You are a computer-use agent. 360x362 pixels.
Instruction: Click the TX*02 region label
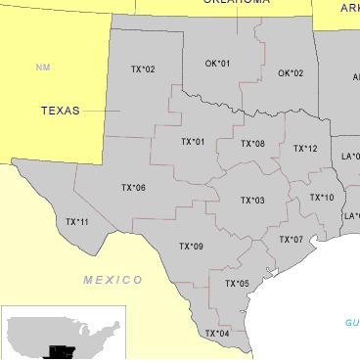pyautogui.click(x=143, y=69)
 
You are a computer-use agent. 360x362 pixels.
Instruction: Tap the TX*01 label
pyautogui.click(x=193, y=142)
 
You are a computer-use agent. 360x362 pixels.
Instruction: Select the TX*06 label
pyautogui.click(x=133, y=188)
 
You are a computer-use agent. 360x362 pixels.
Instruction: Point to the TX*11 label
pyautogui.click(x=76, y=222)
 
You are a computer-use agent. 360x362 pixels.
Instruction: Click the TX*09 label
pyautogui.click(x=191, y=247)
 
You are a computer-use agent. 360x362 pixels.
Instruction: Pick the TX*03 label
pyautogui.click(x=252, y=201)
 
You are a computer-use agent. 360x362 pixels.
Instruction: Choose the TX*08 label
pyautogui.click(x=252, y=144)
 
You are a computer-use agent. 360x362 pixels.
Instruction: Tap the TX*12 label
pyautogui.click(x=305, y=149)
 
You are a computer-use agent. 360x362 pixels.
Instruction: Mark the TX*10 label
pyautogui.click(x=322, y=198)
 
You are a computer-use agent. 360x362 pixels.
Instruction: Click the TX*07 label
pyautogui.click(x=291, y=240)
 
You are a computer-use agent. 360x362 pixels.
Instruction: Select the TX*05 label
pyautogui.click(x=237, y=284)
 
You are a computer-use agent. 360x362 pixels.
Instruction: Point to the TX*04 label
pyautogui.click(x=217, y=334)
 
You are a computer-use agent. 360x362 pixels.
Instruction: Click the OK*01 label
pyautogui.click(x=217, y=64)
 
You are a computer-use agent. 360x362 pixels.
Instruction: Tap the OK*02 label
pyautogui.click(x=291, y=73)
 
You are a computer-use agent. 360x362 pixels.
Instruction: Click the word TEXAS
pyautogui.click(x=61, y=111)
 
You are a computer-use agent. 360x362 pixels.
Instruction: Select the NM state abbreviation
pyautogui.click(x=42, y=68)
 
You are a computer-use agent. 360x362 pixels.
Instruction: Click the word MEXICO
pyautogui.click(x=112, y=280)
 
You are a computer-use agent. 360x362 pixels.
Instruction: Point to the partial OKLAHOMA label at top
pyautogui.click(x=237, y=3)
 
